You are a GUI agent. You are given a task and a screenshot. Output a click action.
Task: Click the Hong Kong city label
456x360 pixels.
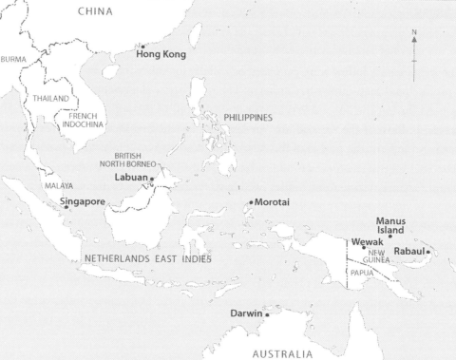161,54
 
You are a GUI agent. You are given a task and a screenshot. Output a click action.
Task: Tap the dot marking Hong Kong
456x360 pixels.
142,46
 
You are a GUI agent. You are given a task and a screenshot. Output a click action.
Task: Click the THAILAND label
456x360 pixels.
51,98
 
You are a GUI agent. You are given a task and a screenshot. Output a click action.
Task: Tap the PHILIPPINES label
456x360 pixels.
248,118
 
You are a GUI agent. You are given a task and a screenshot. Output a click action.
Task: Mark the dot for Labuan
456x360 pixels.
152,179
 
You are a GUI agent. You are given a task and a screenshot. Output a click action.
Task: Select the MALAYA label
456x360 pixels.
59,186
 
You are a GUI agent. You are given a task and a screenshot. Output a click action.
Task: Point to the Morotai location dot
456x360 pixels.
251,202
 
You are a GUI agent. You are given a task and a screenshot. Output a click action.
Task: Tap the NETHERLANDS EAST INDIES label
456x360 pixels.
147,258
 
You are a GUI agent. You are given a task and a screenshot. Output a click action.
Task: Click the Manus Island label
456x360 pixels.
390,225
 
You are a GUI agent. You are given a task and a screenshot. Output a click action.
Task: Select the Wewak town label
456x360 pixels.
367,242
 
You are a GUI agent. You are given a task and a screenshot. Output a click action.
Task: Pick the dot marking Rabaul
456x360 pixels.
428,252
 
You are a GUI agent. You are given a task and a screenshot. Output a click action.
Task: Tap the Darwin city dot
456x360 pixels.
268,314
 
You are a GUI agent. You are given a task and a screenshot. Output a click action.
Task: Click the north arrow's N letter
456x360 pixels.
414,32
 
